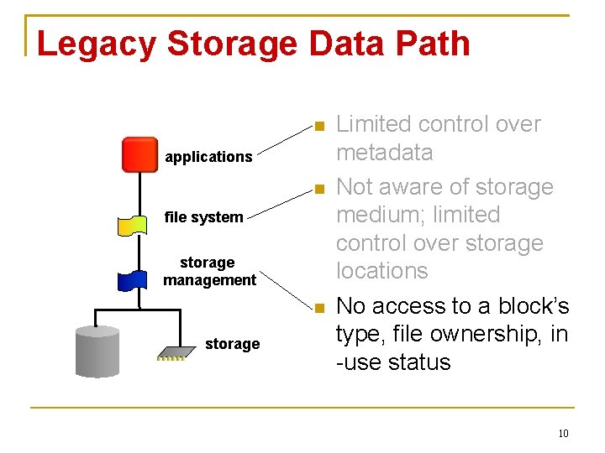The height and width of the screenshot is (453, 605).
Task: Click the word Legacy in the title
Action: pyautogui.click(x=96, y=44)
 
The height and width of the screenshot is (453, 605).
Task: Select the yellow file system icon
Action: pyautogui.click(x=136, y=225)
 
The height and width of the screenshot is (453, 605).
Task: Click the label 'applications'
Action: pyautogui.click(x=208, y=157)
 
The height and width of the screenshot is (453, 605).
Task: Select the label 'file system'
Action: pyautogui.click(x=203, y=217)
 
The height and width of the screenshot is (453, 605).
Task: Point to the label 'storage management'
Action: pyautogui.click(x=209, y=271)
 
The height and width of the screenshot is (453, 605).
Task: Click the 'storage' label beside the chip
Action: pyautogui.click(x=232, y=344)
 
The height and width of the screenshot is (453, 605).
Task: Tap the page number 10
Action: pyautogui.click(x=563, y=434)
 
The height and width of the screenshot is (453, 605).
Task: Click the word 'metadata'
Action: pyautogui.click(x=384, y=153)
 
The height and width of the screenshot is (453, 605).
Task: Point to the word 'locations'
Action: pyautogui.click(x=382, y=271)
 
